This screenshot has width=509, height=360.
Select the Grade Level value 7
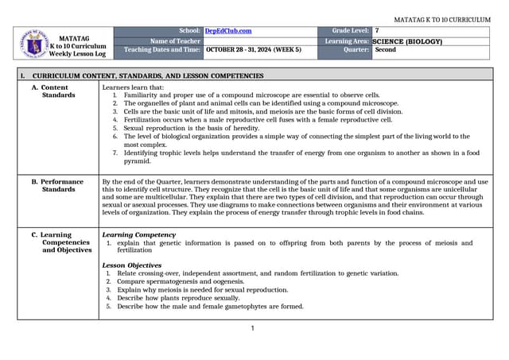pos(377,30)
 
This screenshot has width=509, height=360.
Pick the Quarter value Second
pos(386,49)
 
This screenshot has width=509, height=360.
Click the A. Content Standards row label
pos(59,91)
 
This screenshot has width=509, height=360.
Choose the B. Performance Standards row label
pos(62,186)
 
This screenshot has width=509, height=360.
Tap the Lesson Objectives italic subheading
pos(132,265)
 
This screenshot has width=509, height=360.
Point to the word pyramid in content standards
pos(136,161)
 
